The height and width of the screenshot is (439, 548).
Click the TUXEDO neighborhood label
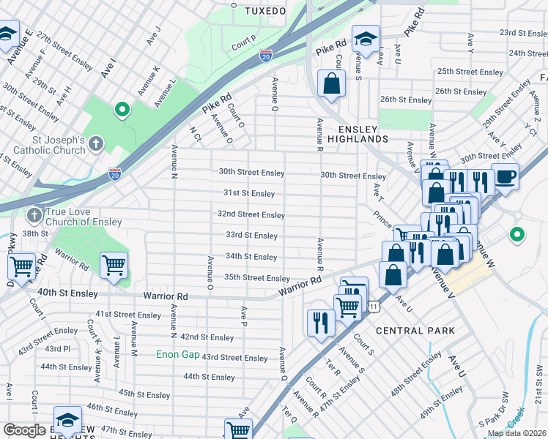click(x=264, y=11)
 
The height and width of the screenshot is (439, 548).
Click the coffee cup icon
click(x=505, y=176)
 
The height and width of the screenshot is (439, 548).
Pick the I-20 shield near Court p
click(x=265, y=55)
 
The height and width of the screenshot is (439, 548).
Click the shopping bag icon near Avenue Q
click(x=332, y=84)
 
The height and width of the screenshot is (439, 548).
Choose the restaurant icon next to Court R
click(x=320, y=322)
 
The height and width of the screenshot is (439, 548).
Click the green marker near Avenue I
click(x=122, y=110)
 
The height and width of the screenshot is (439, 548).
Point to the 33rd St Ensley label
click(x=251, y=236)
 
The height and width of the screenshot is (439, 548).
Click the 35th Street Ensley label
click(x=256, y=278)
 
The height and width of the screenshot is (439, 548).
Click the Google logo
click(x=24, y=430)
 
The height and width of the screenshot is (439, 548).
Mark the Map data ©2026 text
click(x=516, y=433)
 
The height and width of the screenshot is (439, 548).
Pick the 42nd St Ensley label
click(x=207, y=337)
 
